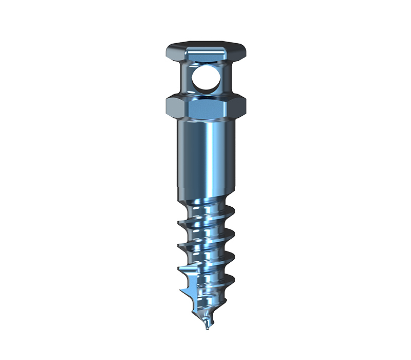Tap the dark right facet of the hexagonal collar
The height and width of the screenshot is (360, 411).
point(240,107)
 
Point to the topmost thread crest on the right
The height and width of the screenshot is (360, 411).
point(232,210)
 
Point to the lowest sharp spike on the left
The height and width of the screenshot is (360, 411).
point(180,292)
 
